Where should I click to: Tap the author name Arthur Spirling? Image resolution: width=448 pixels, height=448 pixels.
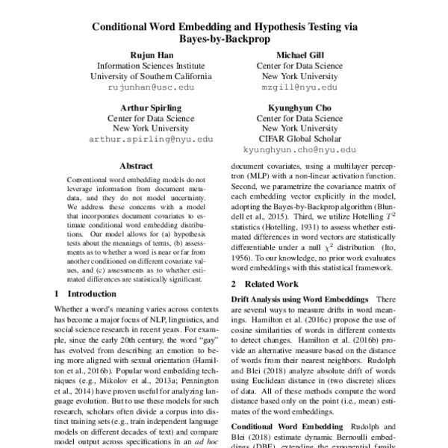tap(140, 106)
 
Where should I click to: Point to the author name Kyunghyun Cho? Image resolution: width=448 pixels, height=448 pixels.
tap(298, 106)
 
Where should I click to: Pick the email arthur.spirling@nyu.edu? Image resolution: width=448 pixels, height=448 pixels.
tap(140, 139)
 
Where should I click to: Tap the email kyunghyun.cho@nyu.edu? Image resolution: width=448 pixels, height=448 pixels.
tap(298, 149)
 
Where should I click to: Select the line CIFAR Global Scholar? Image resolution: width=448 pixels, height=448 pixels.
tap(298, 139)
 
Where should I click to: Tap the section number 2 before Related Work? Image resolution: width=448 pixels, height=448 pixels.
tap(234, 284)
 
